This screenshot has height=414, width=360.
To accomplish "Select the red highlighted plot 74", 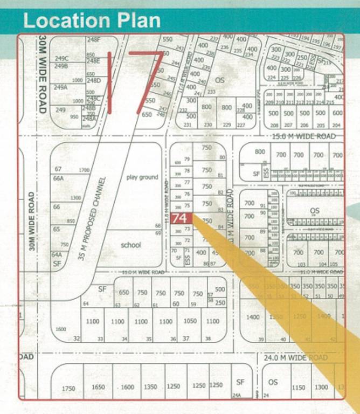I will click(181, 219).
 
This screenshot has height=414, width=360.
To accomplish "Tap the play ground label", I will click(142, 177).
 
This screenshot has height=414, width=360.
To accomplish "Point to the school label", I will click(130, 245).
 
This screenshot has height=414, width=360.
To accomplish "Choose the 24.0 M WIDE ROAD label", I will click(295, 357).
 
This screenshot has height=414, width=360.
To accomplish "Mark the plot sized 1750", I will click(68, 388).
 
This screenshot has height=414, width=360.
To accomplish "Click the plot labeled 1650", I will click(98, 388).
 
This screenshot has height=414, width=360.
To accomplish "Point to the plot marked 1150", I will click(298, 388).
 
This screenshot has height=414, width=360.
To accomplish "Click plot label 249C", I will click(61, 58).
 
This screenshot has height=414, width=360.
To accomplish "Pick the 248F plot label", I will click(94, 39).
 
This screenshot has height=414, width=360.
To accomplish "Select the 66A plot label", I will click(58, 178).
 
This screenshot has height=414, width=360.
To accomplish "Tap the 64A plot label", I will click(57, 254).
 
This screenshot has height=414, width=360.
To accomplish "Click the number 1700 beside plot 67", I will click(84, 170).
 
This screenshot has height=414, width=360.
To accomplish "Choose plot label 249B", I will click(61, 66).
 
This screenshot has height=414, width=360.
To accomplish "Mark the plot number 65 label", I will click(57, 229).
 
